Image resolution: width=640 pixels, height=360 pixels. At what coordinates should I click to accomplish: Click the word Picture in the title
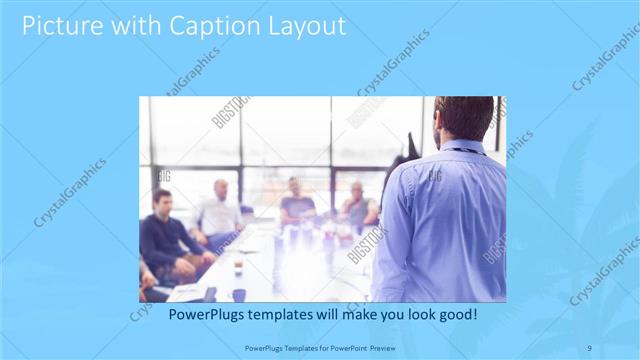point(61,25)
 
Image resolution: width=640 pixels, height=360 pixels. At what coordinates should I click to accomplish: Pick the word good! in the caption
point(456,314)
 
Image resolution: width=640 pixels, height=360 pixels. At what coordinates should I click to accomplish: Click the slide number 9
point(590,348)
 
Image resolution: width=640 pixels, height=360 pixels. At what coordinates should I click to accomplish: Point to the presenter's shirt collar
point(462,146)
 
